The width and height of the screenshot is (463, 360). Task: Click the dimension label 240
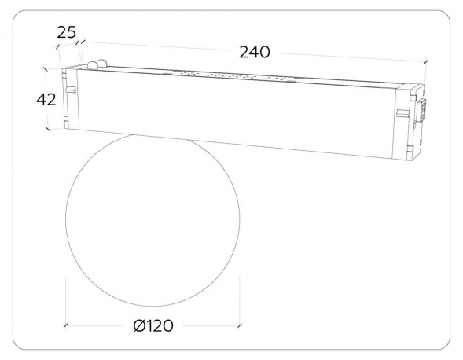[x=253, y=52]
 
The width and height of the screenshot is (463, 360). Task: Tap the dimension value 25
[x=67, y=33]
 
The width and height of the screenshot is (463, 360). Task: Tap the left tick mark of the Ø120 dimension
[x=67, y=325]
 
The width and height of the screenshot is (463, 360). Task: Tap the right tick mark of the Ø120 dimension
[x=238, y=325]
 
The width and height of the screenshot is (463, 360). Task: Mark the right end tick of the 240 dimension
[x=425, y=61]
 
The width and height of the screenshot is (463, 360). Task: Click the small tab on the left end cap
[x=70, y=90]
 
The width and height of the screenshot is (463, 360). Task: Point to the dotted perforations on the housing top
[x=228, y=77]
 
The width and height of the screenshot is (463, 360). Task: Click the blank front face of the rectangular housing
[x=236, y=114]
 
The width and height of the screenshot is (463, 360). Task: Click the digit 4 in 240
[x=253, y=52]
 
